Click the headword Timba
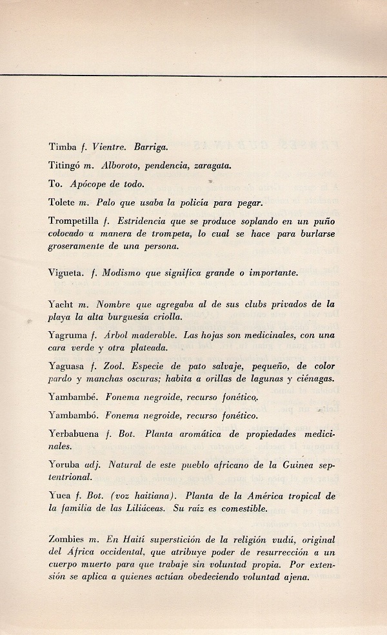coord(61,147)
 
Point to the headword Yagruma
coord(67,335)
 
